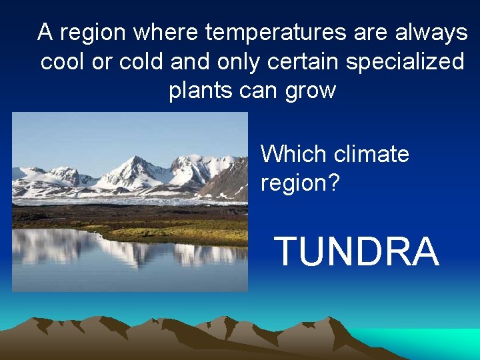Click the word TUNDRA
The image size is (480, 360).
(357, 252)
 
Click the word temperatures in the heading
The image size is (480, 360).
(276, 31)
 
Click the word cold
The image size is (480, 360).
(141, 61)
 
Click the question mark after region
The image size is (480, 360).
(333, 182)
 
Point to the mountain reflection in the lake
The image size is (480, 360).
(133, 250)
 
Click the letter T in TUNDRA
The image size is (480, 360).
(288, 252)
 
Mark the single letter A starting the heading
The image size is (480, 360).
(45, 31)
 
